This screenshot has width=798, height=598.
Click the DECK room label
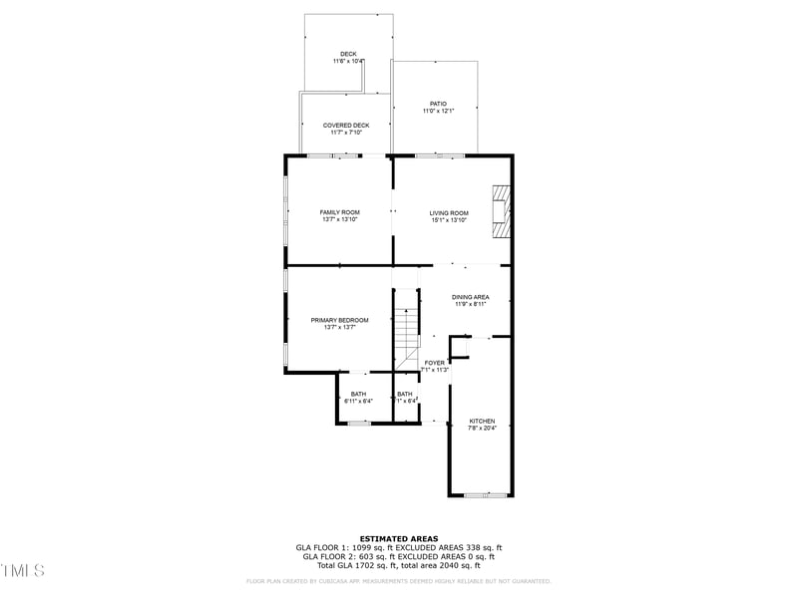click(x=348, y=54)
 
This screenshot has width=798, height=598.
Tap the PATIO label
click(x=438, y=104)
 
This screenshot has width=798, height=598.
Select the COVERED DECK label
click(x=346, y=126)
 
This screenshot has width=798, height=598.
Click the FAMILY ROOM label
click(x=339, y=212)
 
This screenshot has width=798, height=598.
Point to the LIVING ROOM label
click(x=449, y=212)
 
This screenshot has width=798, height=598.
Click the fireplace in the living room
click(x=501, y=212)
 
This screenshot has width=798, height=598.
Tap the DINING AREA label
click(x=470, y=297)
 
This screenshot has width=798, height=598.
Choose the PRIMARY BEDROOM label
click(x=339, y=320)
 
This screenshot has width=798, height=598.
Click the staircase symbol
click(x=406, y=339)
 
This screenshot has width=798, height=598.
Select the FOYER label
click(x=435, y=363)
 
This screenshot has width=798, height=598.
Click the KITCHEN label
click(x=482, y=422)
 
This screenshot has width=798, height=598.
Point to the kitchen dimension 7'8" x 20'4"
click(x=482, y=429)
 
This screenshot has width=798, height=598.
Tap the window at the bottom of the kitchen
click(x=485, y=494)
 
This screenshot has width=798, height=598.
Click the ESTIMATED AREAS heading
click(x=399, y=538)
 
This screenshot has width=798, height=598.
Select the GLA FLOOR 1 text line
click(x=399, y=547)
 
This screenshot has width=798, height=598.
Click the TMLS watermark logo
click(x=23, y=570)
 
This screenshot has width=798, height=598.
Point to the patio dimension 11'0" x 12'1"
click(x=438, y=111)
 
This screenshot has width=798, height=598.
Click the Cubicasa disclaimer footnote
click(x=399, y=581)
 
